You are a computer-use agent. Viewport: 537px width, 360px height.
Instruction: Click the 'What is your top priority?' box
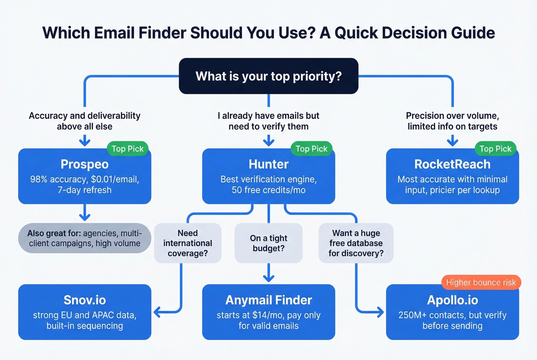pyautogui.click(x=268, y=76)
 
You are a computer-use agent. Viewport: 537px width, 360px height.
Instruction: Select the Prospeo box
pyautogui.click(x=84, y=176)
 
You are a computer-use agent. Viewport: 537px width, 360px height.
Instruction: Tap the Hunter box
pyautogui.click(x=268, y=176)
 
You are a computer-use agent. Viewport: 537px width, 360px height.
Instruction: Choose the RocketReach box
pyautogui.click(x=452, y=176)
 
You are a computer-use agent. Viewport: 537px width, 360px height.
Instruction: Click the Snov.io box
pyautogui.click(x=84, y=312)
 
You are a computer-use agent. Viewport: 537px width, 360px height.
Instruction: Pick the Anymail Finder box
pyautogui.click(x=268, y=312)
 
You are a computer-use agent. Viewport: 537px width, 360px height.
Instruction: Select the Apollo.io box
pyautogui.click(x=452, y=312)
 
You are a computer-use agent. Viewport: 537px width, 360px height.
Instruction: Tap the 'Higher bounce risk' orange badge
pyautogui.click(x=481, y=283)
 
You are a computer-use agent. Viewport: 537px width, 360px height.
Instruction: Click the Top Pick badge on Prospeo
pyautogui.click(x=127, y=149)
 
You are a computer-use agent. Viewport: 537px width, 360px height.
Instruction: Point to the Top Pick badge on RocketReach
pyautogui.click(x=495, y=149)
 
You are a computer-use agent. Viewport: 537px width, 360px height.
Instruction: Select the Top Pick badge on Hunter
pyautogui.click(x=311, y=149)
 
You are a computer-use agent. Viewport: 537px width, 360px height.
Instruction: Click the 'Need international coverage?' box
pyautogui.click(x=188, y=243)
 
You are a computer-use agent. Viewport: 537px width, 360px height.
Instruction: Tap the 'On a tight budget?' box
pyautogui.click(x=268, y=243)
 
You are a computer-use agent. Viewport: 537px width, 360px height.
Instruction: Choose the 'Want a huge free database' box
pyautogui.click(x=356, y=243)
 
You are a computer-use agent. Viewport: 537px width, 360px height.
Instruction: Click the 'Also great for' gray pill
pyautogui.click(x=84, y=238)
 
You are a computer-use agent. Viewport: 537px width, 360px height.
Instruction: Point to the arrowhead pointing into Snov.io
pyautogui.click(x=157, y=312)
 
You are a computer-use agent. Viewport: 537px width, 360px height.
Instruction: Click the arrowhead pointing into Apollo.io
pyautogui.click(x=380, y=312)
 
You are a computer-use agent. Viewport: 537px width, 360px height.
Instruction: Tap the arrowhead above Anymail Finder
pyautogui.click(x=268, y=278)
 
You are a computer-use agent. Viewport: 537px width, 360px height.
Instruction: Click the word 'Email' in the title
pyautogui.click(x=114, y=33)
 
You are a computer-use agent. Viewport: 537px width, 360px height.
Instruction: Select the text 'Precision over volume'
pyautogui.click(x=452, y=116)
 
